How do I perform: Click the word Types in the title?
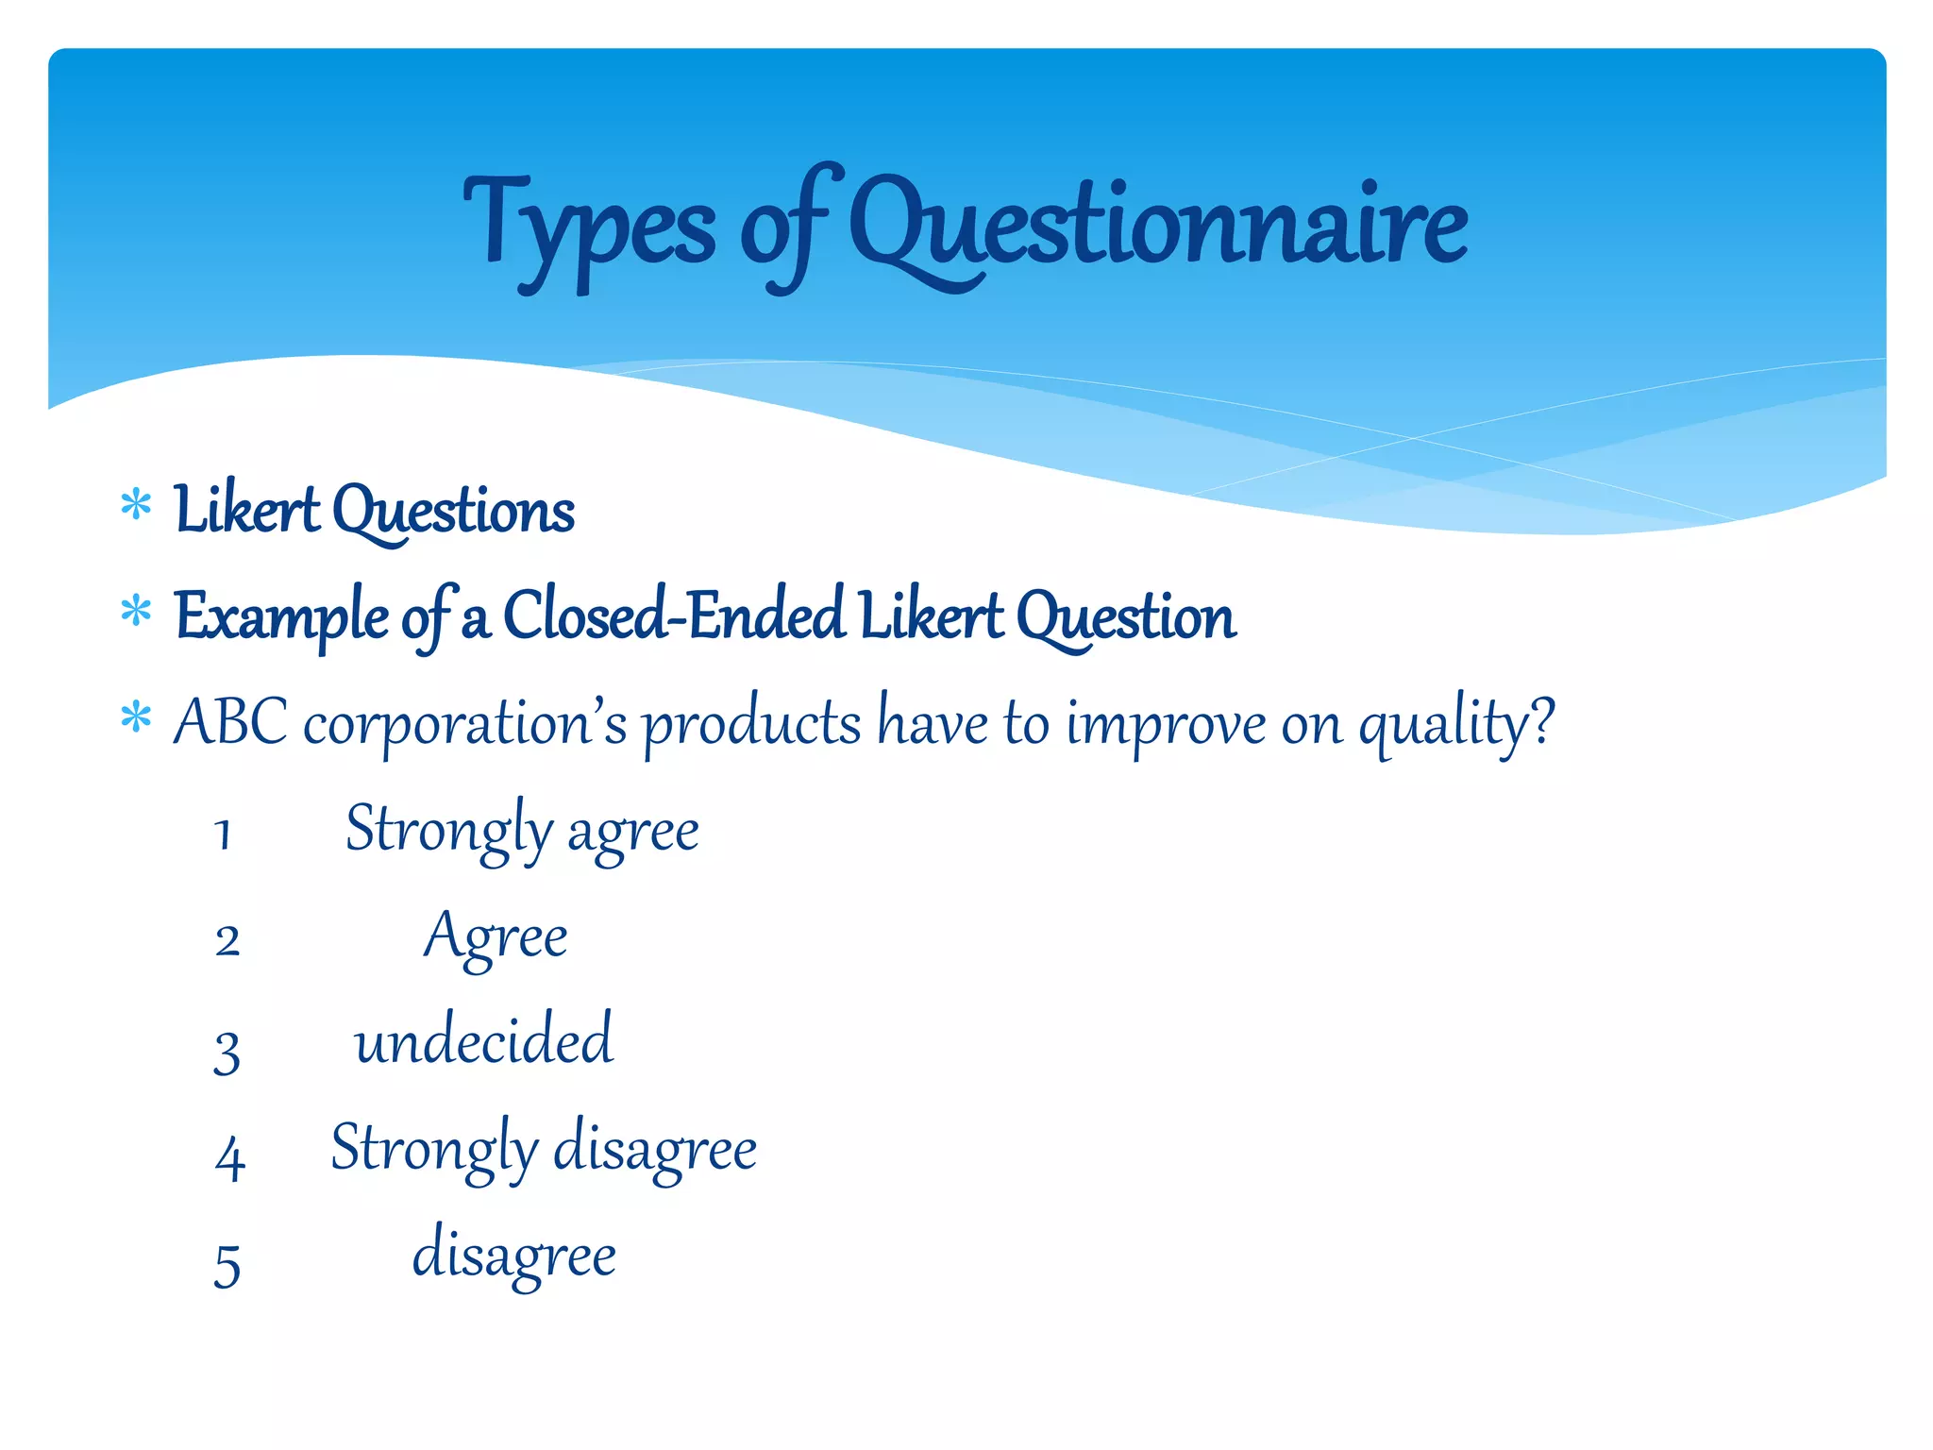tap(589, 227)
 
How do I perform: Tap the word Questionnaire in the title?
tap(1158, 227)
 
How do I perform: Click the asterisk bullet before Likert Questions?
tap(137, 506)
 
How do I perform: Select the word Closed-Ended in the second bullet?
tap(674, 615)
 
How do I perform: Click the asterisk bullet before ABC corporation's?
tap(137, 718)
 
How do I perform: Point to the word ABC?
tap(231, 722)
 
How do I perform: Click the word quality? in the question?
tap(1455, 725)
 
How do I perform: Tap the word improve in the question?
tap(1166, 725)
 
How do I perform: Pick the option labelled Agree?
tap(496, 936)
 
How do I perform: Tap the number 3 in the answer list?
tap(227, 1051)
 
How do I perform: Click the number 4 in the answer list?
tap(229, 1157)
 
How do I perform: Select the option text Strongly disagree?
tap(544, 1149)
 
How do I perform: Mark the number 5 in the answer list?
tap(227, 1265)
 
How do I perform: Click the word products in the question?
tap(752, 725)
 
